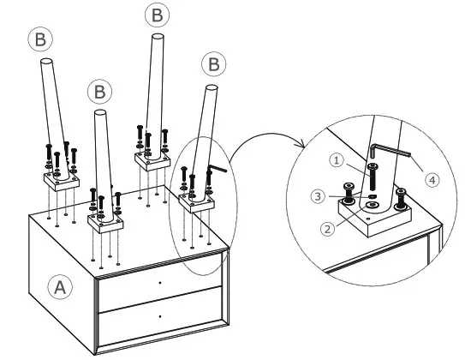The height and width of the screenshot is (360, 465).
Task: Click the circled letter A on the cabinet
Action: pyautogui.click(x=60, y=286)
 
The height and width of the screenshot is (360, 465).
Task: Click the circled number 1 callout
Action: pyautogui.click(x=337, y=160)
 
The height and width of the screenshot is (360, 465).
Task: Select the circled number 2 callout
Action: pyautogui.click(x=328, y=229)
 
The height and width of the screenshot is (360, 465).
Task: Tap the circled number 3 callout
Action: pyautogui.click(x=319, y=196)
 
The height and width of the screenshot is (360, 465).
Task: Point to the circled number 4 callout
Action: pyautogui.click(x=432, y=180)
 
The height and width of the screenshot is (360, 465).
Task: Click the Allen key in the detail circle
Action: pyautogui.click(x=390, y=150)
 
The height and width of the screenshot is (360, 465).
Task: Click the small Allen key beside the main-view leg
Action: pyautogui.click(x=218, y=169)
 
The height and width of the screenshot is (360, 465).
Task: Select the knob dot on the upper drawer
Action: pyautogui.click(x=160, y=283)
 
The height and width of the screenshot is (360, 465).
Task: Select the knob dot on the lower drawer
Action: pyautogui.click(x=160, y=316)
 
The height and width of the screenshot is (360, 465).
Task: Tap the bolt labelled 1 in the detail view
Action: pyautogui.click(x=373, y=177)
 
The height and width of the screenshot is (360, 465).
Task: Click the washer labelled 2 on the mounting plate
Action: pyautogui.click(x=373, y=205)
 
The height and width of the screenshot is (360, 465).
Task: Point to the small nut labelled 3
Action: pyautogui.click(x=373, y=196)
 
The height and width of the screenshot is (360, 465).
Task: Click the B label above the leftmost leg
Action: pyautogui.click(x=40, y=39)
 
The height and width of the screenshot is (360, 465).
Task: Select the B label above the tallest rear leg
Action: pyautogui.click(x=158, y=15)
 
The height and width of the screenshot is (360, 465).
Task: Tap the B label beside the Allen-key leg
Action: pyautogui.click(x=214, y=64)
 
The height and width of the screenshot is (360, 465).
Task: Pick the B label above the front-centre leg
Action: pyautogui.click(x=100, y=92)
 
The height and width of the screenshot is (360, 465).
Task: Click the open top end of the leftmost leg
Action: pyautogui.click(x=46, y=62)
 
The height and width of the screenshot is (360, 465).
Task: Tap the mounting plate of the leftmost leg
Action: pyautogui.click(x=62, y=182)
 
